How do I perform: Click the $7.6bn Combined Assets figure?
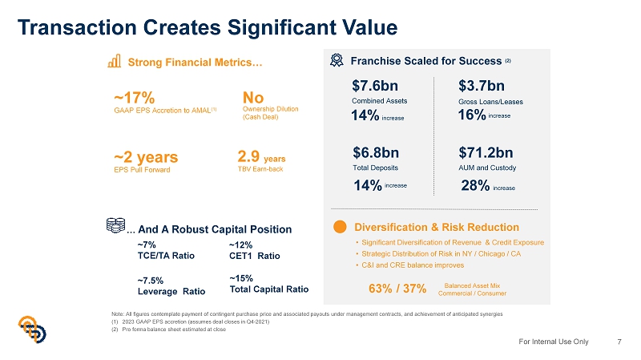[x=375, y=85]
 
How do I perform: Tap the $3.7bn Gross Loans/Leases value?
[x=482, y=85]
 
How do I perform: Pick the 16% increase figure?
[x=473, y=115]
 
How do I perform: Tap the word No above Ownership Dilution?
[x=252, y=96]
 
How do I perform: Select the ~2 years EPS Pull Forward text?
[x=145, y=155]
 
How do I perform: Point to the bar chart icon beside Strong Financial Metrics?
[x=115, y=61]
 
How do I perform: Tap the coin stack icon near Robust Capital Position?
[x=115, y=226]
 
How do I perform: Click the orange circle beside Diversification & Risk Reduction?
[x=339, y=227]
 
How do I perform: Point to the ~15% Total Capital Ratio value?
[x=241, y=279]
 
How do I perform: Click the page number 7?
[x=619, y=342]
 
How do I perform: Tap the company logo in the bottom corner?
[x=32, y=330]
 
